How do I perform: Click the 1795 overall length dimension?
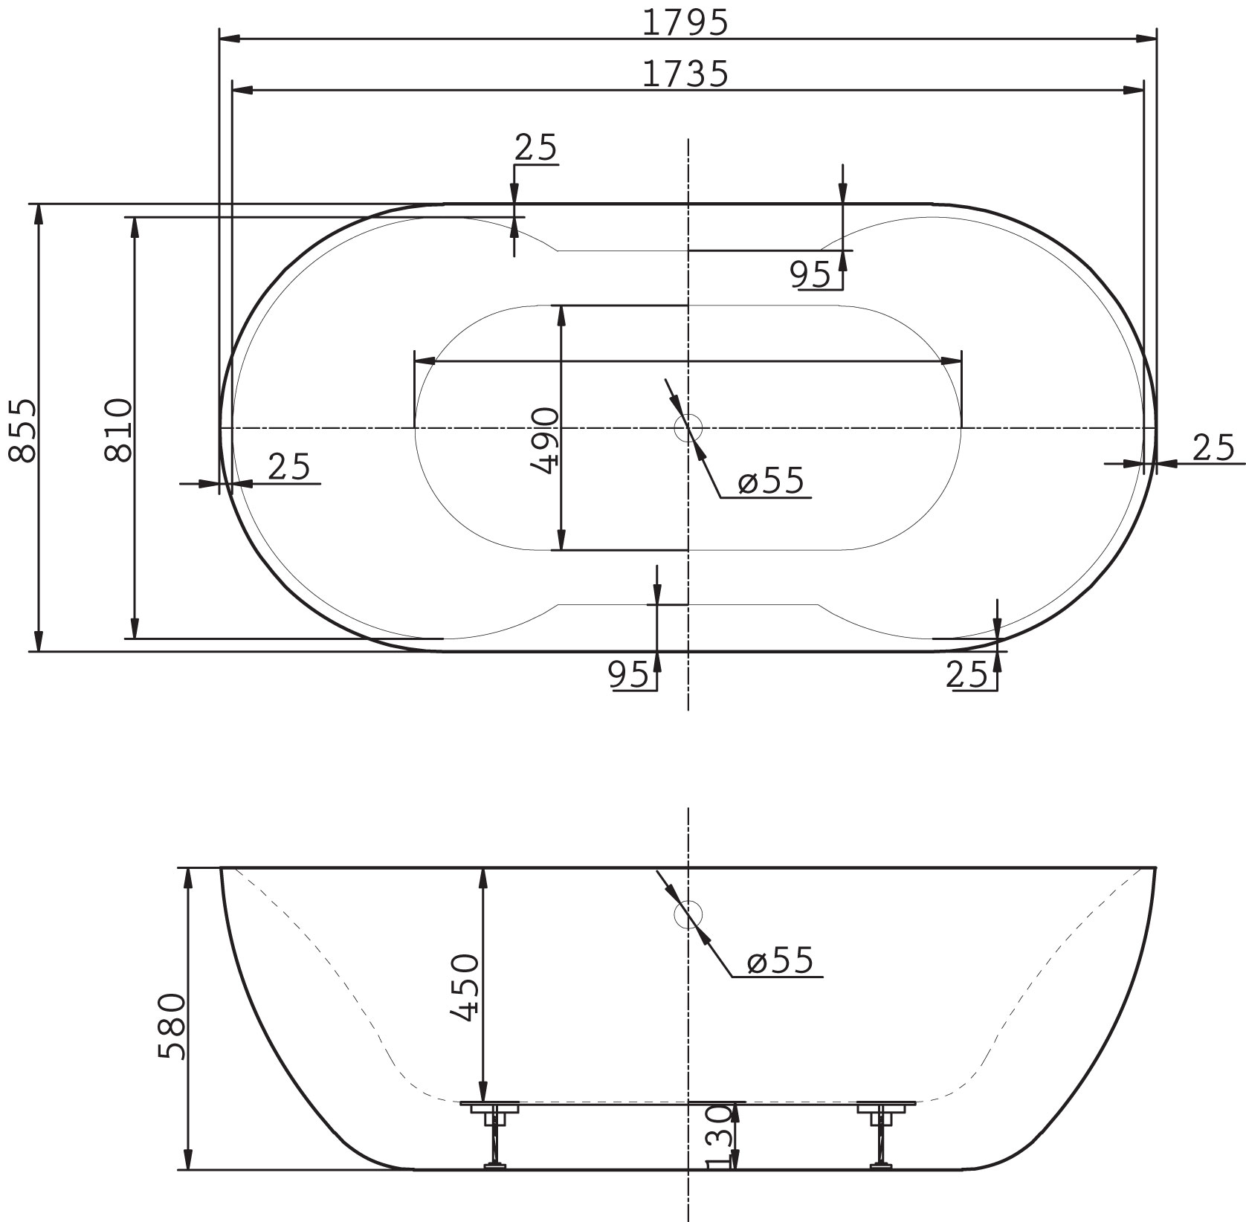pyautogui.click(x=684, y=23)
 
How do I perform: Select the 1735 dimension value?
pyautogui.click(x=684, y=74)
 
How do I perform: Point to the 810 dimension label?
pyautogui.click(x=118, y=430)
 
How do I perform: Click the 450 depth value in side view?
pyautogui.click(x=467, y=988)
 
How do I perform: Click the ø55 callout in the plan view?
pyautogui.click(x=771, y=482)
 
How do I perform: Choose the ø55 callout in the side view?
pyautogui.click(x=781, y=961)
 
